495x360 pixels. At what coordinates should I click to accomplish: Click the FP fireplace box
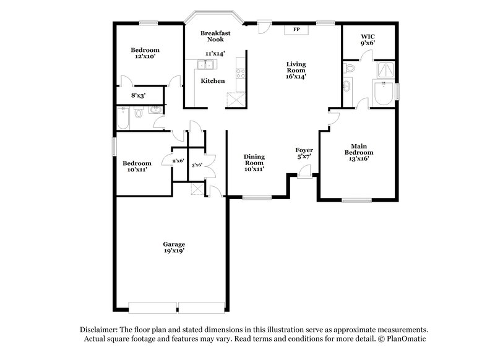(x=296, y=29)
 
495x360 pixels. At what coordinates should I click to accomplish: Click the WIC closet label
(x=368, y=37)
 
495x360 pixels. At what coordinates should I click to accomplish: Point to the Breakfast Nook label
(x=215, y=36)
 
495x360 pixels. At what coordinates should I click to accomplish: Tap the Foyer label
(x=304, y=150)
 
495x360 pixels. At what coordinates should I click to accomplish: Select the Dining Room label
(x=254, y=160)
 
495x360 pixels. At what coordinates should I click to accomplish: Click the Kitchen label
(x=213, y=81)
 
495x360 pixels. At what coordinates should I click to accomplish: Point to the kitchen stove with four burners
(x=240, y=71)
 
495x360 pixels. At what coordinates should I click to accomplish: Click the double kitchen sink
(x=205, y=65)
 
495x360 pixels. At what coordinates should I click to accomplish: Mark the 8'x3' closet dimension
(x=138, y=96)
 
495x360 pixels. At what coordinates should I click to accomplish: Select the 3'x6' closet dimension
(x=197, y=165)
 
